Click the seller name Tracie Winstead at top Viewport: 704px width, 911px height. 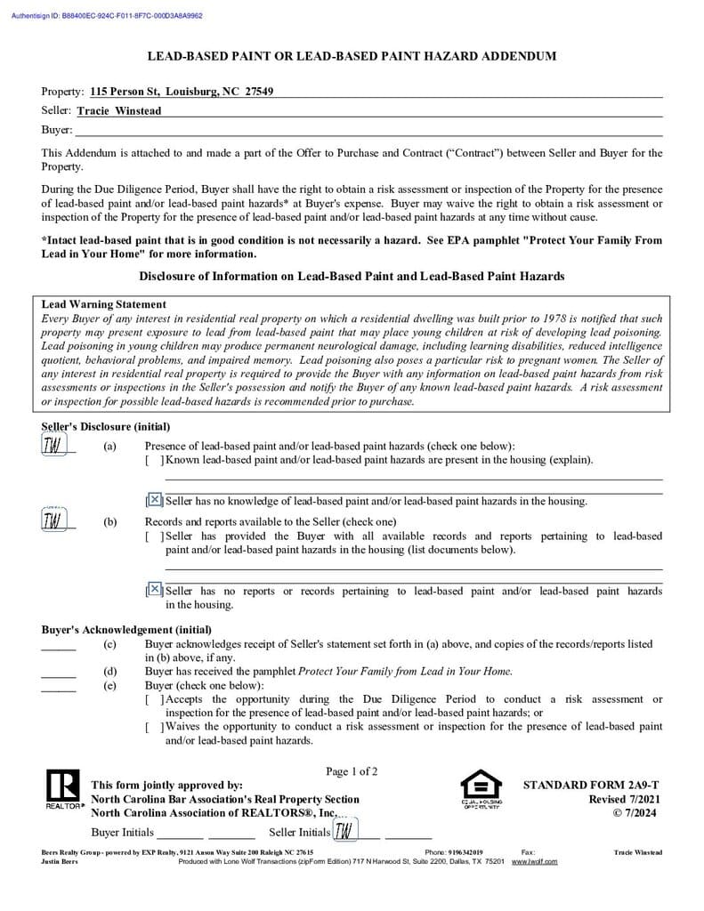click(119, 111)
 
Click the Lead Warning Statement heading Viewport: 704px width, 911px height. click(104, 304)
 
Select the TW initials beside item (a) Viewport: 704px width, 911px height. click(53, 445)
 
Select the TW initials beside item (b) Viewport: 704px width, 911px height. click(53, 520)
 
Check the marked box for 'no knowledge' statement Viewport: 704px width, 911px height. click(155, 500)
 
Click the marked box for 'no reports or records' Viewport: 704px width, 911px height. click(155, 589)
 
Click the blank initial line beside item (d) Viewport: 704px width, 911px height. click(59, 672)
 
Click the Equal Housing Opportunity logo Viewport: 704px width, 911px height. click(481, 789)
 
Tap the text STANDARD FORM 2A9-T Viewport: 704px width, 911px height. click(591, 786)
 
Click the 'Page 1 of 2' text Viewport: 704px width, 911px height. click(352, 771)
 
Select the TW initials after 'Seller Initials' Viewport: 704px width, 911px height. click(344, 831)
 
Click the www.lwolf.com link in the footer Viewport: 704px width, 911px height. click(534, 861)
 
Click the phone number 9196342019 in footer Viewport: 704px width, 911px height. click(466, 852)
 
